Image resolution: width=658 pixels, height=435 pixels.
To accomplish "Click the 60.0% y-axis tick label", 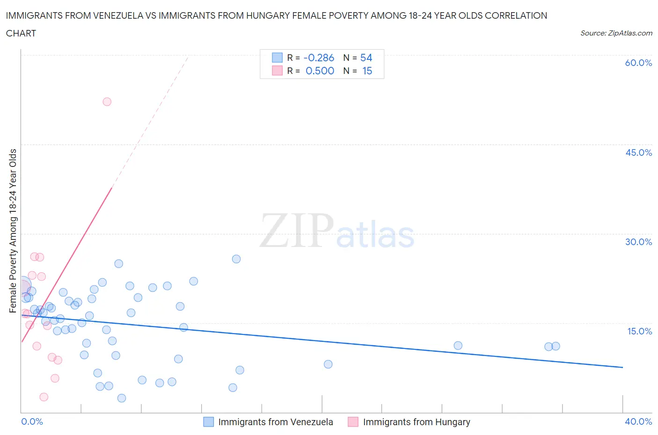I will coord(638,63).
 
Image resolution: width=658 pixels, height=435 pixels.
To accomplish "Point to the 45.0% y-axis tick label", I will coord(638,152).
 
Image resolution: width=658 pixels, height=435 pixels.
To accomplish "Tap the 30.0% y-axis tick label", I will coord(638,242).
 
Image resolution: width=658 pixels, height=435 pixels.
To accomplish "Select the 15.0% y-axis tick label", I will coord(638,331).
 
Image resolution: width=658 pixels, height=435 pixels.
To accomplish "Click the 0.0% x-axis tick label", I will coord(32,421).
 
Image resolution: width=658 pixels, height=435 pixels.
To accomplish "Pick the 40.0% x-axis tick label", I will coord(638,421).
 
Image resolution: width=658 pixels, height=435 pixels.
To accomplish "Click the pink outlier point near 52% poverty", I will coord(107,101).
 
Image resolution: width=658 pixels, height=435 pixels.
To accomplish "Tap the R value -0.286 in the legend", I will coord(319,58).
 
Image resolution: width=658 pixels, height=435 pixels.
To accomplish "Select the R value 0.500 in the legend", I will coord(320,71).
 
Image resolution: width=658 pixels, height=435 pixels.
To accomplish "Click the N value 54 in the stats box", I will coord(366,58).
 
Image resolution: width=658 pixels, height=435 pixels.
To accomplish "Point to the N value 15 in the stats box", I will coord(367,71).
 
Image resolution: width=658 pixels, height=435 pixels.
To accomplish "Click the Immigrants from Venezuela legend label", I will coord(276,422).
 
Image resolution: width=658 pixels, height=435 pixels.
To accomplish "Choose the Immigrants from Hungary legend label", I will coord(417,422).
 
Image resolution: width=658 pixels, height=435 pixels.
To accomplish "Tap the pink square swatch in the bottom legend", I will coord(353,422).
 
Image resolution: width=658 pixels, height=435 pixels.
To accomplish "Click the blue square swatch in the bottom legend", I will coord(208,422).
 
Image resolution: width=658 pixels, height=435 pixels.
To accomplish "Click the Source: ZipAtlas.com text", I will coord(616,33).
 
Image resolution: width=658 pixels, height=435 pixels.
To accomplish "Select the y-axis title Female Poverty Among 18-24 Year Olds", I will coord(13,231).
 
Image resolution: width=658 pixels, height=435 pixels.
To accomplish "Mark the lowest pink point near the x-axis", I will coord(44,397).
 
